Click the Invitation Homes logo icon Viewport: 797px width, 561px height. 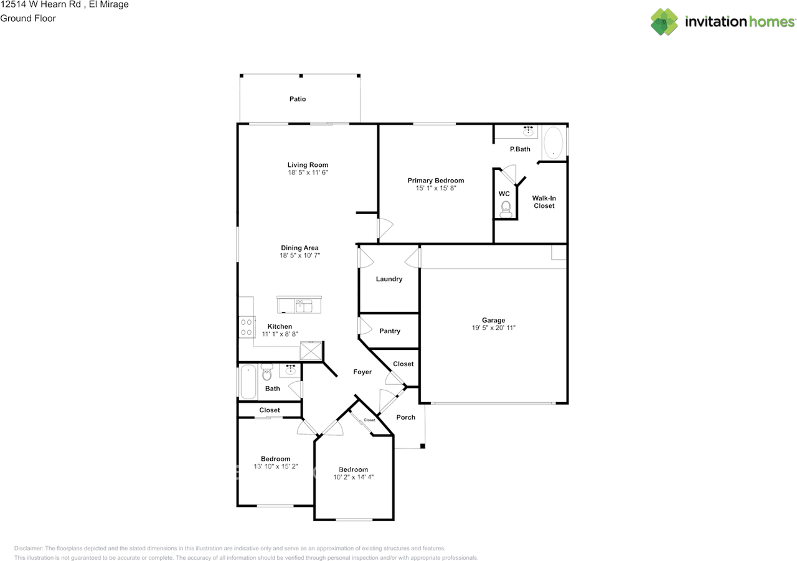pyautogui.click(x=664, y=22)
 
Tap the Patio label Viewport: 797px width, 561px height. pyautogui.click(x=298, y=99)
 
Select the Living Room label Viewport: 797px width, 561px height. pyautogui.click(x=308, y=165)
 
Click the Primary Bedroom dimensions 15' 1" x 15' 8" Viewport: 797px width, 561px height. pyautogui.click(x=436, y=188)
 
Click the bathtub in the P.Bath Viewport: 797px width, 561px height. pyautogui.click(x=553, y=143)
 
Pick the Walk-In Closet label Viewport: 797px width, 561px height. pyautogui.click(x=544, y=202)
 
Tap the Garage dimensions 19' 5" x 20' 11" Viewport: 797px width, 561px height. pyautogui.click(x=493, y=328)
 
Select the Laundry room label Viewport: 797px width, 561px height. pyautogui.click(x=389, y=279)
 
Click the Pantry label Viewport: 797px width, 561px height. pyautogui.click(x=390, y=331)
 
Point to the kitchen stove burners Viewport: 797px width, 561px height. pyautogui.click(x=246, y=327)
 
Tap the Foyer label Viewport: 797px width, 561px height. pyautogui.click(x=362, y=372)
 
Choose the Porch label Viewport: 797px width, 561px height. pyautogui.click(x=406, y=417)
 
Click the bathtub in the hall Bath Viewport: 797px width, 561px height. pyautogui.click(x=248, y=380)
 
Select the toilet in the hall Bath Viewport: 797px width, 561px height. pyautogui.click(x=267, y=373)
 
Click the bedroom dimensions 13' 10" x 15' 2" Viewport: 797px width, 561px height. pyautogui.click(x=276, y=466)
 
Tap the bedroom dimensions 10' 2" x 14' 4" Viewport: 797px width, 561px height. pyautogui.click(x=354, y=477)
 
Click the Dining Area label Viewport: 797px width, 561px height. pyautogui.click(x=299, y=248)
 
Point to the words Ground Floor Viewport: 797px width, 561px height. pyautogui.click(x=28, y=18)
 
